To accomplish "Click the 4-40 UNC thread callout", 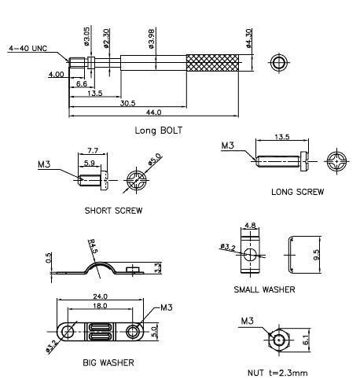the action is click(28, 49).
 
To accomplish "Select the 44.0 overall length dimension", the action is click(153, 112).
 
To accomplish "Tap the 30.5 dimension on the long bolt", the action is click(127, 103).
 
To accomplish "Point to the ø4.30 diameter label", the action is click(249, 38).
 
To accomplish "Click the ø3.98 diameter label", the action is click(152, 39).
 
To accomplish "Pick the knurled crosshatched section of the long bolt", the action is click(212, 63).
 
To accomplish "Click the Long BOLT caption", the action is click(158, 131).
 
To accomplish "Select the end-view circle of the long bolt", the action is click(279, 63).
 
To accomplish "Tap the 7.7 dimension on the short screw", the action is click(93, 151).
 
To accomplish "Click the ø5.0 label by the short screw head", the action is click(154, 160).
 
